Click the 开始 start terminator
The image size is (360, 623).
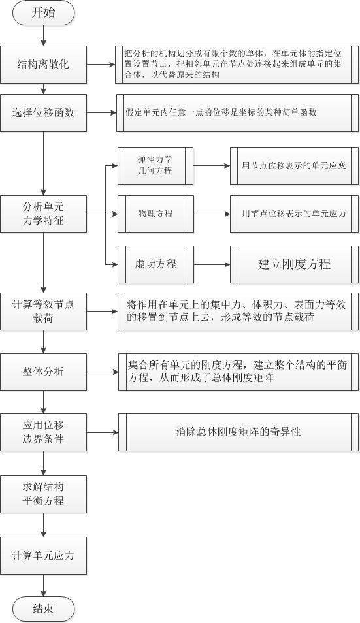(43, 12)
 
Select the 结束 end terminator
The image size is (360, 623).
(43, 609)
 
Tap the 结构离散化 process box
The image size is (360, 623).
(43, 65)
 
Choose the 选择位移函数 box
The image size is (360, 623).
(43, 113)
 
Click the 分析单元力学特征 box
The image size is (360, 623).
(43, 214)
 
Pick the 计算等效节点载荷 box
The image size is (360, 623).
(43, 311)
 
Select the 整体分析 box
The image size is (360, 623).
(43, 372)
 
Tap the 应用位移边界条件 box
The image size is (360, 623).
(43, 432)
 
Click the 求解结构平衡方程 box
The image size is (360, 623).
(43, 494)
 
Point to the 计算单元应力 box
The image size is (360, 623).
(43, 556)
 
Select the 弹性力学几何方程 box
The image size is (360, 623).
(155, 166)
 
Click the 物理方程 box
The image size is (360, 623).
(155, 214)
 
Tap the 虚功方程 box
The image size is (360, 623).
(155, 264)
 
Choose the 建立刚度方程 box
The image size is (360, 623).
(294, 264)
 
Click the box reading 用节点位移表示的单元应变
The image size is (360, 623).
(294, 166)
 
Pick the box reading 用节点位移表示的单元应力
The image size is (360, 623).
(294, 214)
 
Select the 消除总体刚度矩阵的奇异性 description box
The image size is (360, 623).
(238, 432)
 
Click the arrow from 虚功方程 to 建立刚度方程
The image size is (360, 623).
(212, 264)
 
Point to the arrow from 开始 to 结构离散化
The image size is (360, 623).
(43, 35)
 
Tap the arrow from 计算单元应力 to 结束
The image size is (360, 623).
(43, 585)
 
